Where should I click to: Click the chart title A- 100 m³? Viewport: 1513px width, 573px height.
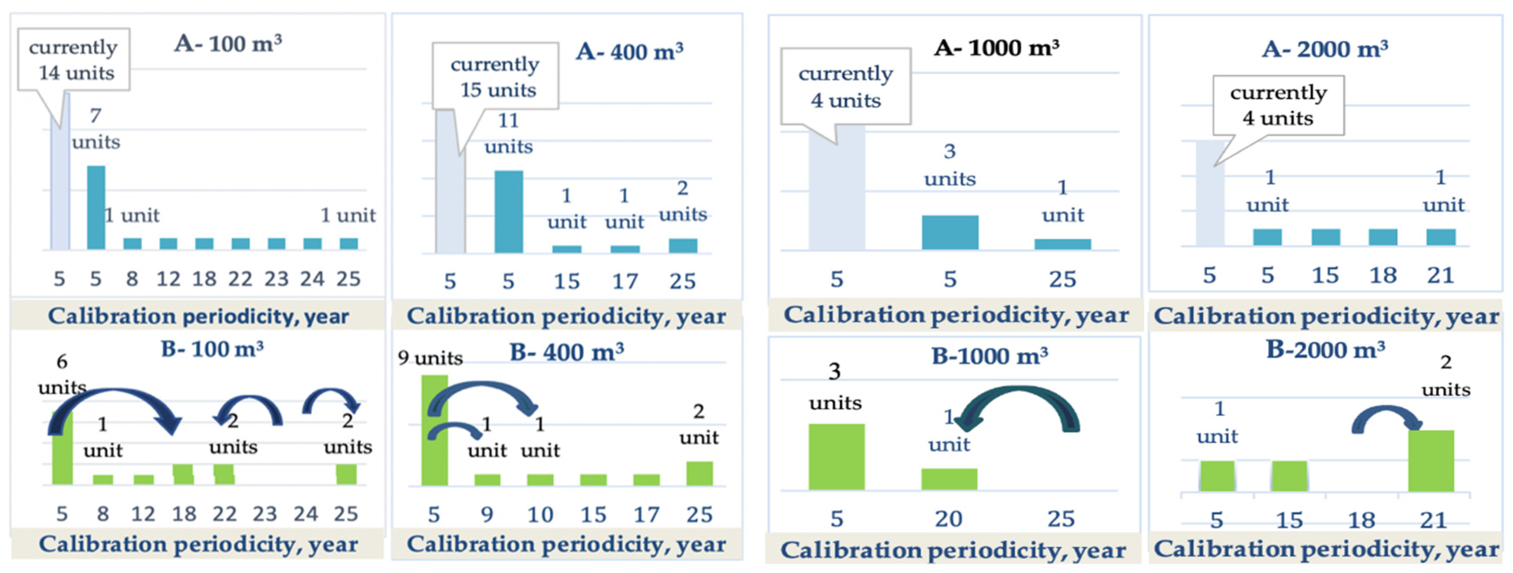228,44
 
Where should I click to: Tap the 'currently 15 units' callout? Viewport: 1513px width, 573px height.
495,76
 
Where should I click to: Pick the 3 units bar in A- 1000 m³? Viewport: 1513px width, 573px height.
950,232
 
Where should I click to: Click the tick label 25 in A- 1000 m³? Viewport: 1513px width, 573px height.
1062,279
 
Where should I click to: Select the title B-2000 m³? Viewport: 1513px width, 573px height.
1325,350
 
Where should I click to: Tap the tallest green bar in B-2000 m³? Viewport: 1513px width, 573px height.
1431,461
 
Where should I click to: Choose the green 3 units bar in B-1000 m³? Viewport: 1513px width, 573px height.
836,457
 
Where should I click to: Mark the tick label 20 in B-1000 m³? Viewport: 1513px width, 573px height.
949,519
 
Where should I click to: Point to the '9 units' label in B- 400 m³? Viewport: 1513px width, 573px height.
430,358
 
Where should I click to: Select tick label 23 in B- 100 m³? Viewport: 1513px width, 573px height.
265,514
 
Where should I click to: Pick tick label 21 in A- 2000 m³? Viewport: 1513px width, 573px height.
1440,276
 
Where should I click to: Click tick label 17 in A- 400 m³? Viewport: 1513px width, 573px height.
625,282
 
